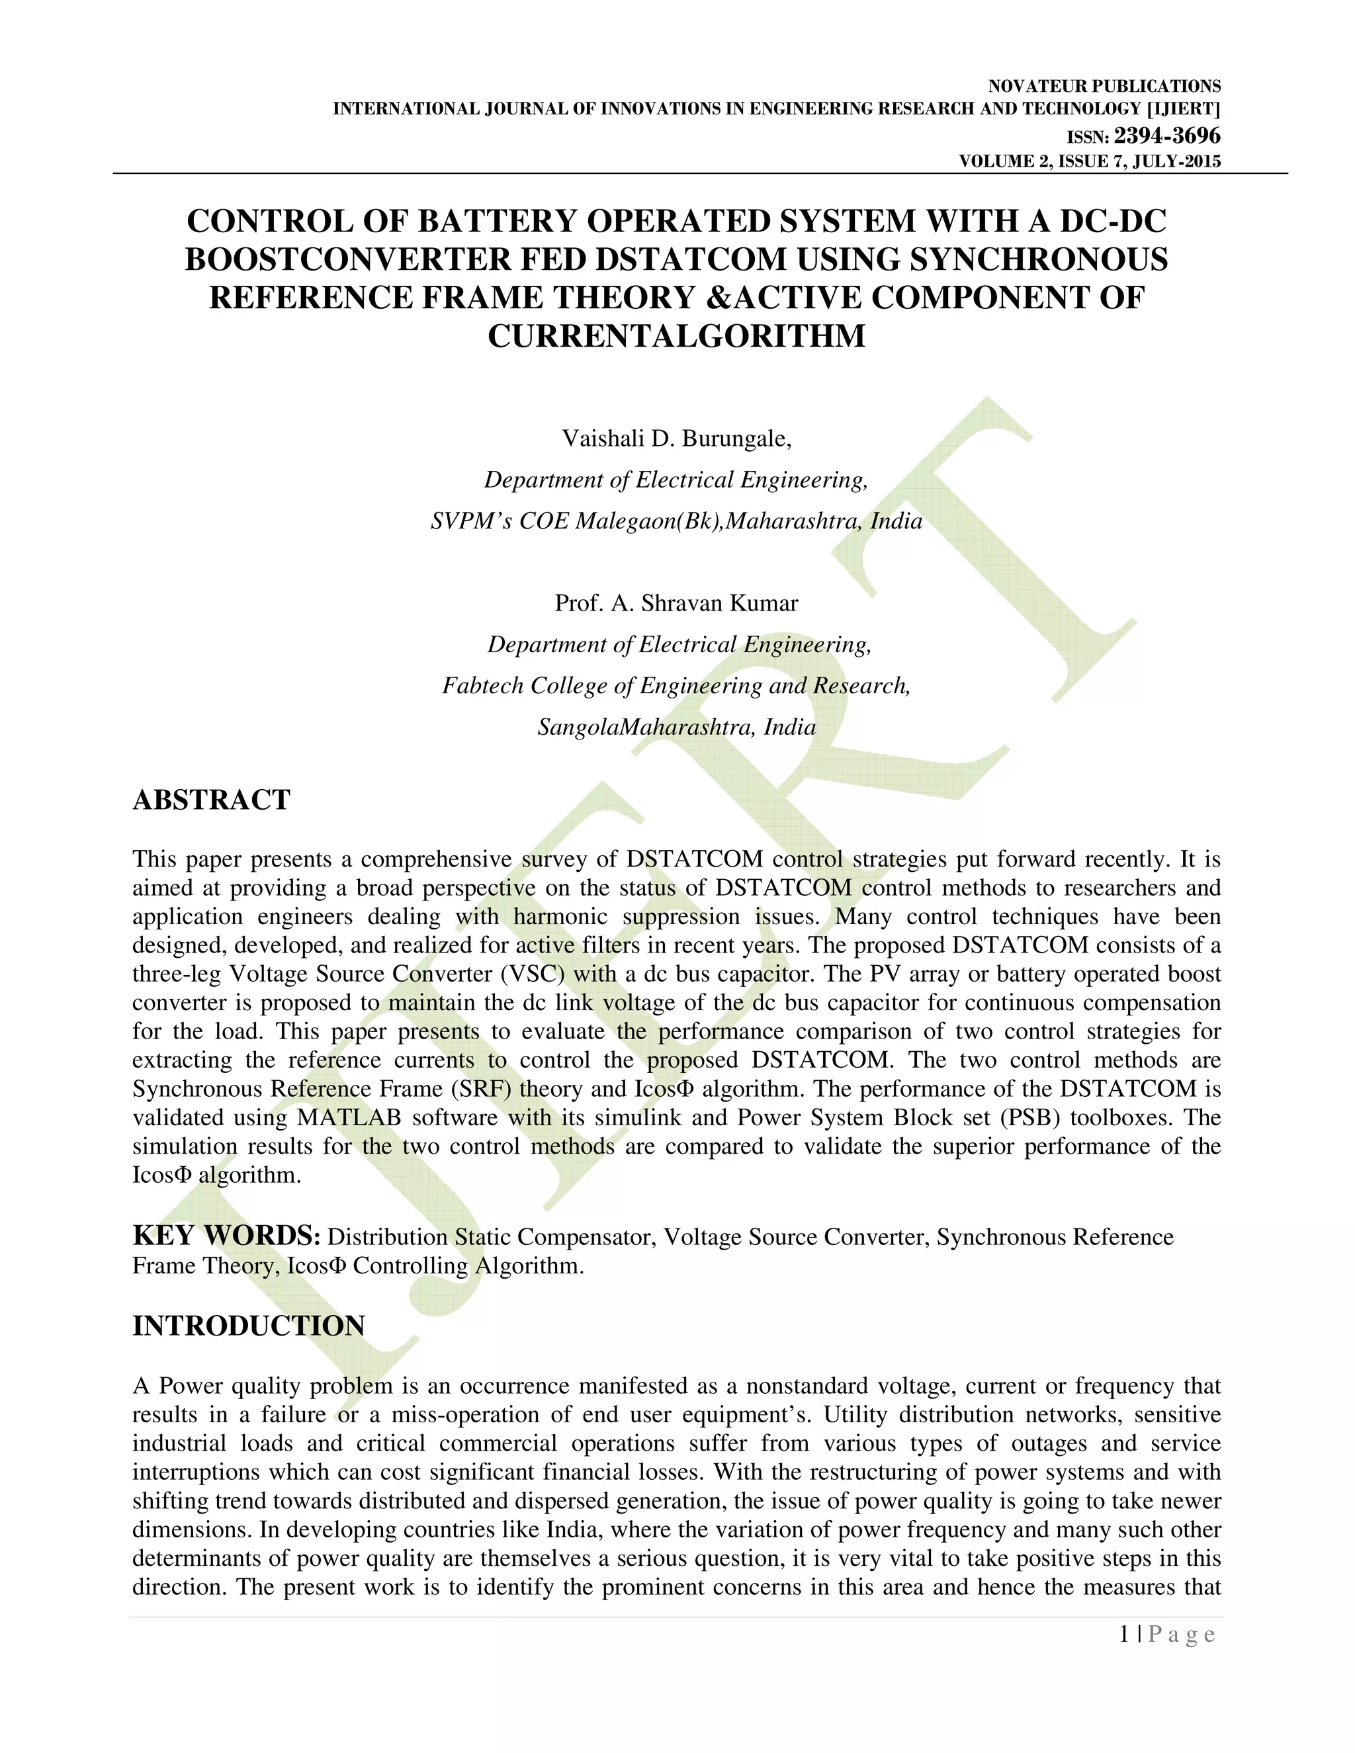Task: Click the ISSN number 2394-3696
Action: pyautogui.click(x=1167, y=135)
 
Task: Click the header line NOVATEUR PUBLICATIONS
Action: pyautogui.click(x=1104, y=87)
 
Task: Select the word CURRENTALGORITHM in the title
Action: pyautogui.click(x=677, y=335)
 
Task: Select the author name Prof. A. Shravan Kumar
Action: pyautogui.click(x=677, y=603)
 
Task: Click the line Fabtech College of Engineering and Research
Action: pyautogui.click(x=677, y=685)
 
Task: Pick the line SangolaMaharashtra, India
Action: pyautogui.click(x=677, y=727)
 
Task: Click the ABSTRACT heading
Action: pyautogui.click(x=211, y=800)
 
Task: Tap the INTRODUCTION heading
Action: pyautogui.click(x=248, y=1325)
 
